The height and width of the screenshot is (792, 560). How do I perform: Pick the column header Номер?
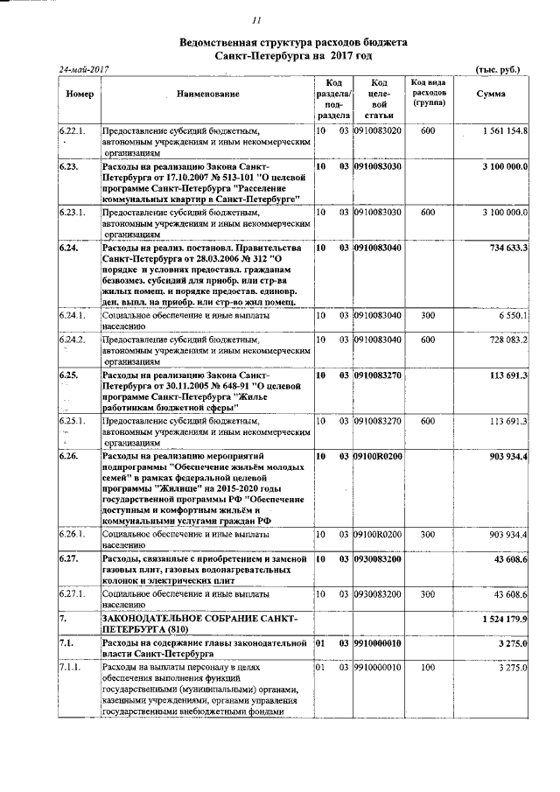click(79, 94)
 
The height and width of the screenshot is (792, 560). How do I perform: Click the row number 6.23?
click(69, 165)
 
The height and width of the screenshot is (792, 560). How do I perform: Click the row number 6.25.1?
click(72, 421)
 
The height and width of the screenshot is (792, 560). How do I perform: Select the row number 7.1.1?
click(70, 668)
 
